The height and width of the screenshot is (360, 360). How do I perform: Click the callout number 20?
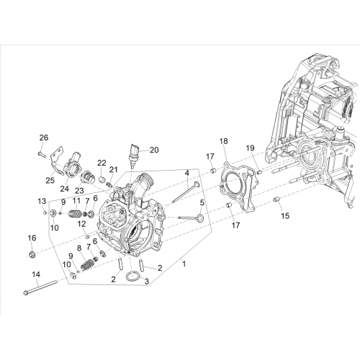pyautogui.click(x=154, y=150)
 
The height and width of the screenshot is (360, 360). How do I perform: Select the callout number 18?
pyautogui.click(x=223, y=141)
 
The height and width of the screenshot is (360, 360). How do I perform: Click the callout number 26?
pyautogui.click(x=44, y=138)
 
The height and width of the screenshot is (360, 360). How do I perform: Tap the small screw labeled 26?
pyautogui.click(x=40, y=153)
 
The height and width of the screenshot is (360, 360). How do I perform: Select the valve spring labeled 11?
pyautogui.click(x=76, y=213)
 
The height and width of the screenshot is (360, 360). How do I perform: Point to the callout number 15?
pyautogui.click(x=285, y=216)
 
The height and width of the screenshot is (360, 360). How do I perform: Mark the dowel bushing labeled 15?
pyautogui.click(x=277, y=199)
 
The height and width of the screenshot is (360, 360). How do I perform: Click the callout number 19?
pyautogui.click(x=250, y=148)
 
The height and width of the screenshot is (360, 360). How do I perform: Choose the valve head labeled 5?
pyautogui.click(x=199, y=219)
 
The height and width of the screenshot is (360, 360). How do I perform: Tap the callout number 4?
pyautogui.click(x=186, y=173)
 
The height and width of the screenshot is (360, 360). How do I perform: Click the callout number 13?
pyautogui.click(x=42, y=201)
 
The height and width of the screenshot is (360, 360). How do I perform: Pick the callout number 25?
pyautogui.click(x=50, y=180)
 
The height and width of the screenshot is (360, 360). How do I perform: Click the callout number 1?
pyautogui.click(x=184, y=264)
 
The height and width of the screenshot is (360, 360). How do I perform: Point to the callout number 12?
pyautogui.click(x=81, y=224)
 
